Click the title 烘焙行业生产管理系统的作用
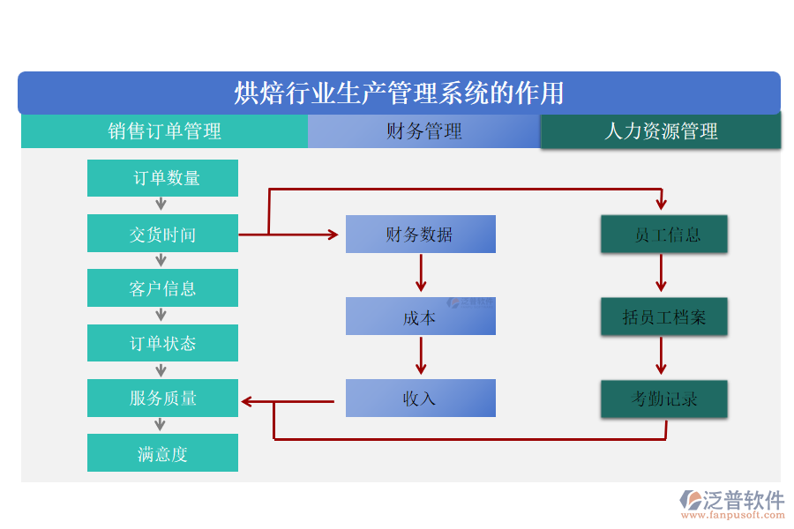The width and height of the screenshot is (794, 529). tap(399, 93)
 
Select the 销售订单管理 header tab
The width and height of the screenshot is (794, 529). tap(164, 131)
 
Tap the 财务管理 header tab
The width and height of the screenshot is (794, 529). tap(423, 131)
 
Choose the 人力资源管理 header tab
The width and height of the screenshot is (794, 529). tap(660, 131)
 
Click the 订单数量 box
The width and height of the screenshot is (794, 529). tap(162, 178)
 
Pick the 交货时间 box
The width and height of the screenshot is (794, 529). tap(162, 235)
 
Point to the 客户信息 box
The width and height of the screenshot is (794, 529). tap(162, 288)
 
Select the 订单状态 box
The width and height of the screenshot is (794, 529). tap(162, 343)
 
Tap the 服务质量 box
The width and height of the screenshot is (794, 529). tap(162, 398)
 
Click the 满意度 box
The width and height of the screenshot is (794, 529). tap(162, 453)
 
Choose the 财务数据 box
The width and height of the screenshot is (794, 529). tap(420, 235)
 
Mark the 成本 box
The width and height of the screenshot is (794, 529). tap(420, 317)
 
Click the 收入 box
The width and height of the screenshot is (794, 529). tap(420, 398)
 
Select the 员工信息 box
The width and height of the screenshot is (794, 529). tap(664, 235)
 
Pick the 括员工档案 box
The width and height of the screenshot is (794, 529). tap(664, 317)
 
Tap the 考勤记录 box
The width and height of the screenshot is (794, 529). tap(664, 399)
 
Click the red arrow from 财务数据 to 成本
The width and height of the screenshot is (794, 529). tap(421, 274)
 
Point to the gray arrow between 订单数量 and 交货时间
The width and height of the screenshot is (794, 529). tap(161, 205)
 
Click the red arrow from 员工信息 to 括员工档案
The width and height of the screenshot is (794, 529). tap(661, 274)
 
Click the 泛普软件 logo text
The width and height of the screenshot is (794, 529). tap(744, 500)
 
